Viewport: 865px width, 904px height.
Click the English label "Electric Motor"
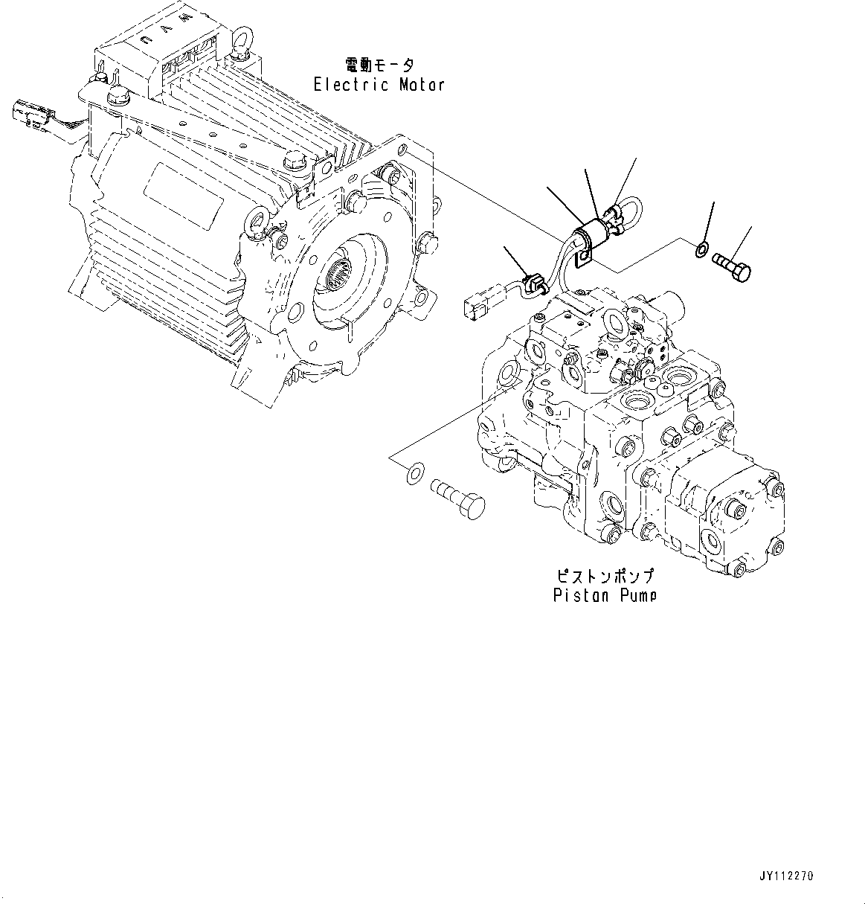point(379,85)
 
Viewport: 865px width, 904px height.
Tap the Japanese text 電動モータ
point(379,65)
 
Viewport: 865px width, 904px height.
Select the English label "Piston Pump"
point(605,595)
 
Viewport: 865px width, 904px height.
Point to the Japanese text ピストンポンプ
point(605,576)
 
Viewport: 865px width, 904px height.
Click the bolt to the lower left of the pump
point(456,495)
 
